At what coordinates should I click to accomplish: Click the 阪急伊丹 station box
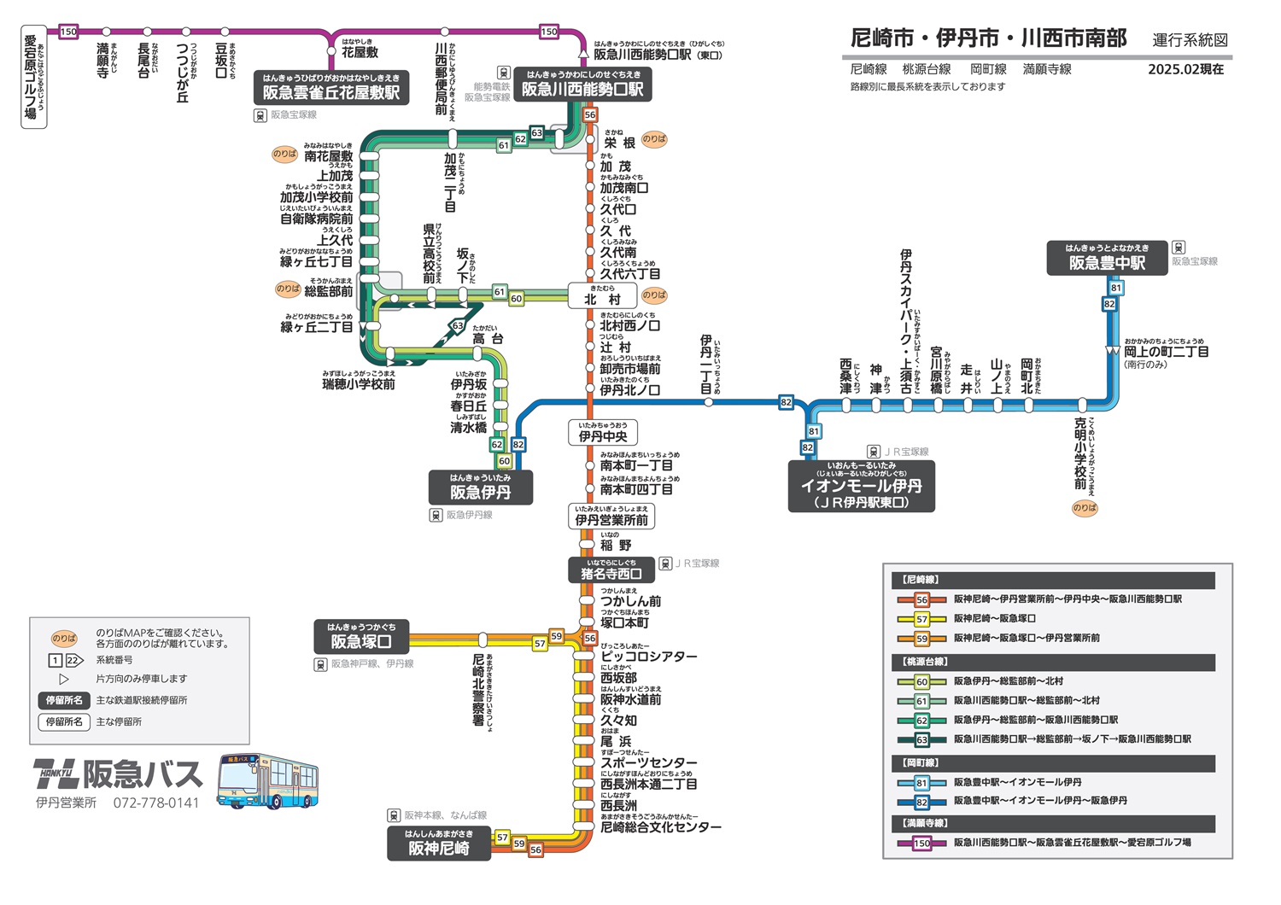480,488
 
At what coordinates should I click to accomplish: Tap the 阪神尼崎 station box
438,844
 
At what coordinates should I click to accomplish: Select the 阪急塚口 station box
361,636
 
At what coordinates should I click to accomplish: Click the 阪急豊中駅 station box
1107,259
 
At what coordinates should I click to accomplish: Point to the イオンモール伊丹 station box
861,487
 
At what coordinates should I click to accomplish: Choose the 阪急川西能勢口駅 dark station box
582,85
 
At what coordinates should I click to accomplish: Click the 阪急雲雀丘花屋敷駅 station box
330,88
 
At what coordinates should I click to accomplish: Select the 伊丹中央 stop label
602,433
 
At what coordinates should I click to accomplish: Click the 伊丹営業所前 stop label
611,517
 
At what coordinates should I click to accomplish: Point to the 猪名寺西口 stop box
611,570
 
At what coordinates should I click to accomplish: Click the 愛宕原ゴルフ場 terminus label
33,77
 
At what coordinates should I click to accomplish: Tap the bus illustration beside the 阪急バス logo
267,780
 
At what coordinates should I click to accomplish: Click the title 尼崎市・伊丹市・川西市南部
988,38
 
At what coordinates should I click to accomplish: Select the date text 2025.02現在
1185,70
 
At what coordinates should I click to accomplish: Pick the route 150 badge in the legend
921,843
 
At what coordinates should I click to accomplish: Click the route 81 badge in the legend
921,782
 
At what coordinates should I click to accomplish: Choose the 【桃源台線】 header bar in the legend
1053,663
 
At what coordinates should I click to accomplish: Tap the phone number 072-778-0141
156,803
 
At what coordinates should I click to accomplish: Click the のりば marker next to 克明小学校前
1085,508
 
